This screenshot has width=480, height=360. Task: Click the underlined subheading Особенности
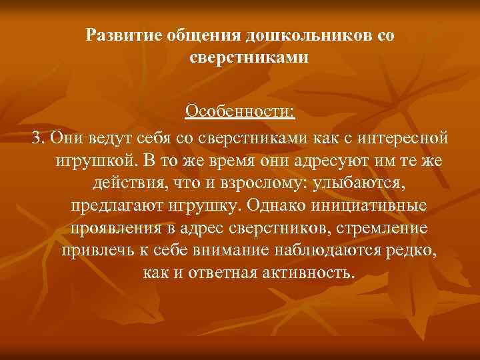[239, 110]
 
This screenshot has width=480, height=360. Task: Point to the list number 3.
[39, 137]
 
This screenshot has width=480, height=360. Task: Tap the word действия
[119, 183]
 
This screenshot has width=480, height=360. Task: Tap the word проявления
[111, 229]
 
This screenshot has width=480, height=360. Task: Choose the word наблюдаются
[337, 251]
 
